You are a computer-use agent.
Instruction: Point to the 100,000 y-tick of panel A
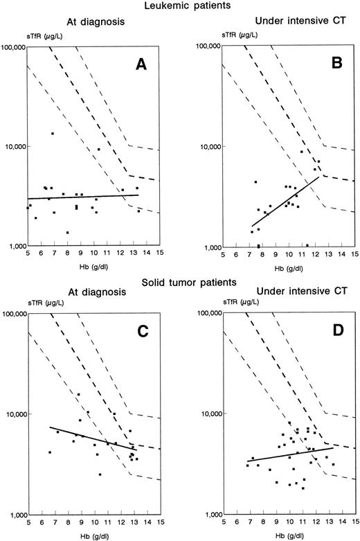pos(12,47)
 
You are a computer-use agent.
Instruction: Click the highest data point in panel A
pos(52,133)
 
